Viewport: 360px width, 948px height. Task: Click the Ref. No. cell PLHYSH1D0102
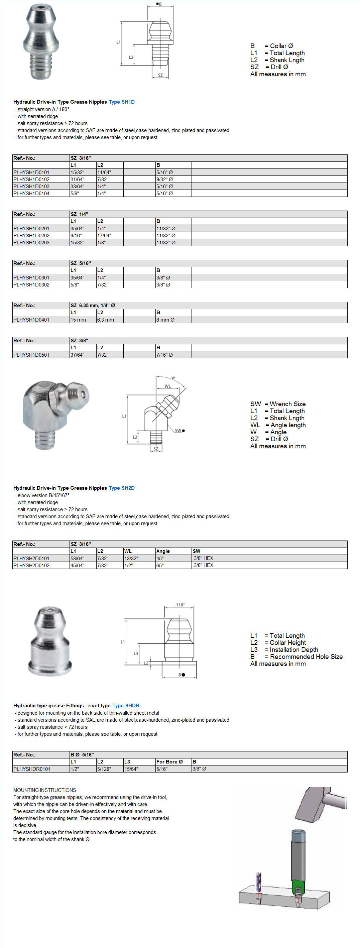31,179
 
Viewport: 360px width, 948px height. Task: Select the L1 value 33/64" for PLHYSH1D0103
77,186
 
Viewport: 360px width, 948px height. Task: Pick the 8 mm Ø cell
165,320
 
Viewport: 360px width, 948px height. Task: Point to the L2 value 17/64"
104,236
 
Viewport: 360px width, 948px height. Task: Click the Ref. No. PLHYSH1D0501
31,355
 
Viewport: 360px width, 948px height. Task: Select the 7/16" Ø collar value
164,355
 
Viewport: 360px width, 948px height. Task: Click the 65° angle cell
160,565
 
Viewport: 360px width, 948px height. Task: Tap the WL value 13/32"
131,558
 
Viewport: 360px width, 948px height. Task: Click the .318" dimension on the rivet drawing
179,605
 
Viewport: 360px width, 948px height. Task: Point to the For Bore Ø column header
169,762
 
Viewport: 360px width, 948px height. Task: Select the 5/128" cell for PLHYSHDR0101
104,769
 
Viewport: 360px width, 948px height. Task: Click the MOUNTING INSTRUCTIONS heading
44,790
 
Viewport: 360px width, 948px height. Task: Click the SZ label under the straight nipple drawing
160,75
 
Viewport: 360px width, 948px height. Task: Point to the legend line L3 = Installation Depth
284,649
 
